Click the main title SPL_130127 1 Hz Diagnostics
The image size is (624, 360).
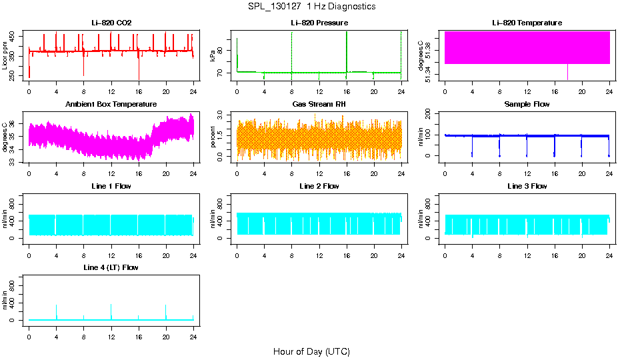point(311,7)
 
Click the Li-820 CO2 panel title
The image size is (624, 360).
point(111,23)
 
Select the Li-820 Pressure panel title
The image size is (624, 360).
point(319,23)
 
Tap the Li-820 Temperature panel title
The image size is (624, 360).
point(527,23)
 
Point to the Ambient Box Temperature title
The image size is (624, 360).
point(111,105)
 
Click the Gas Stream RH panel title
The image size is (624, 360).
point(319,105)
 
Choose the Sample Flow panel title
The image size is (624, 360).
point(527,105)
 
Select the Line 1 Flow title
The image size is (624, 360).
point(111,186)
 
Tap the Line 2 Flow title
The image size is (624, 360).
point(319,186)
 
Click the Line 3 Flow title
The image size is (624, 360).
point(527,186)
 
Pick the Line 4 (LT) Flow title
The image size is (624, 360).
point(111,267)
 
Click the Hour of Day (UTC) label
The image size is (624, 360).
point(311,351)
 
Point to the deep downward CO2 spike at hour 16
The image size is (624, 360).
point(139,75)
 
